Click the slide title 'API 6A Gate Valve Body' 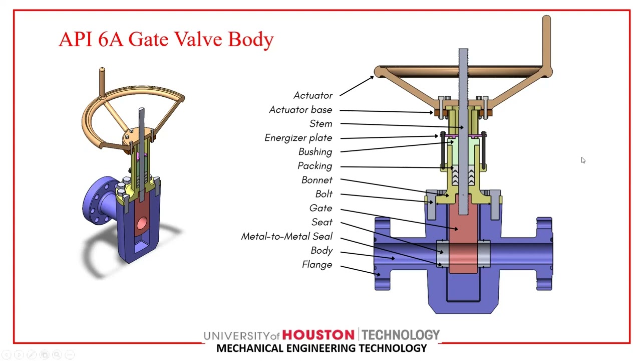(166, 39)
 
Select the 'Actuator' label (312, 95)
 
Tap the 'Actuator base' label (300, 109)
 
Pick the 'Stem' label (320, 123)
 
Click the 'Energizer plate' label (298, 137)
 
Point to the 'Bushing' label (315, 151)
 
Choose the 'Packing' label (314, 165)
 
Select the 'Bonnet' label (316, 179)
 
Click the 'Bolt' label (324, 194)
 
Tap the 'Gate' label (320, 208)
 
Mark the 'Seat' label (322, 222)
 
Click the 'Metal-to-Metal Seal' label (286, 236)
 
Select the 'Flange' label (316, 264)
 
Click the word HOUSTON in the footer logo (318, 335)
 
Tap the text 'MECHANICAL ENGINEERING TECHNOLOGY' (322, 348)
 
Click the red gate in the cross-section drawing (463, 236)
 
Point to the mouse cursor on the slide (583, 160)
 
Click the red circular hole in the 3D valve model (142, 223)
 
